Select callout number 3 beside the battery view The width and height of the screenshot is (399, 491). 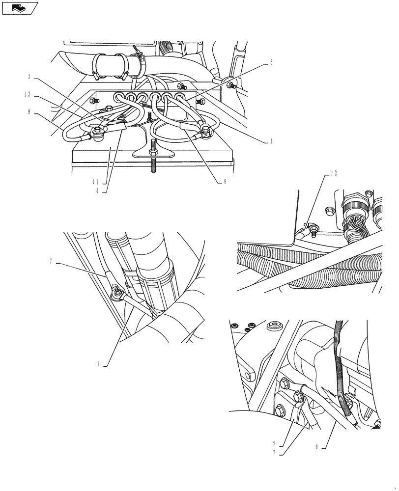click(29, 77)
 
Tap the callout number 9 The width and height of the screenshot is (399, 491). click(29, 111)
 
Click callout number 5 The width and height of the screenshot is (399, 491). click(271, 63)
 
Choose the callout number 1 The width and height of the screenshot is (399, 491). click(271, 140)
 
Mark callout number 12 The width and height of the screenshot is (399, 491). click(335, 172)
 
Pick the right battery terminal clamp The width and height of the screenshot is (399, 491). click(204, 130)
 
